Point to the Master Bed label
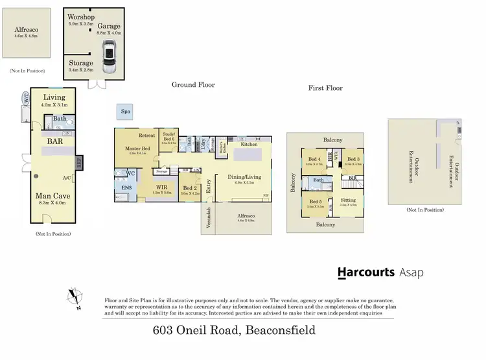pyautogui.click(x=137, y=148)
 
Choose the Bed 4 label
pyautogui.click(x=314, y=159)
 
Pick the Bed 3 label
pyautogui.click(x=354, y=159)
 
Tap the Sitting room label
pyautogui.click(x=348, y=200)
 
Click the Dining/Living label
pyautogui.click(x=244, y=176)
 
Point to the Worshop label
pyautogui.click(x=82, y=16)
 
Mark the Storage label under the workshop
pyautogui.click(x=81, y=63)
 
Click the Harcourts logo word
pyautogui.click(x=366, y=272)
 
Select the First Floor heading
pyautogui.click(x=325, y=88)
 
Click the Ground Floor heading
pyautogui.click(x=193, y=85)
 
